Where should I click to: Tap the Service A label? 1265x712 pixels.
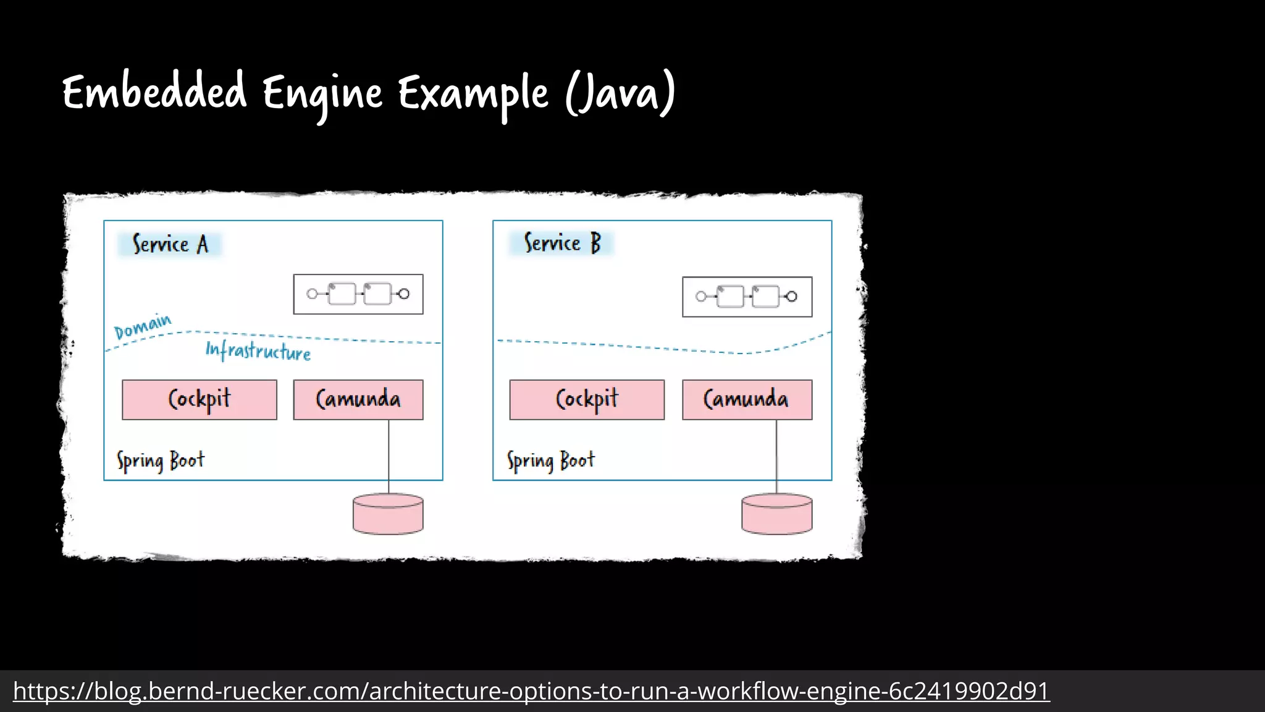(170, 244)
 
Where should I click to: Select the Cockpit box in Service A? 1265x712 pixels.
(200, 400)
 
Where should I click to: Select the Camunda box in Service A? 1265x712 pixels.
(358, 400)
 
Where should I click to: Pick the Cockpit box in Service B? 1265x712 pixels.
(587, 400)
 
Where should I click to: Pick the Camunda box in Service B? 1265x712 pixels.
(747, 400)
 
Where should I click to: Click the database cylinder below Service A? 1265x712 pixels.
(388, 514)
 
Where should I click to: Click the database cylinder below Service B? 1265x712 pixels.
(776, 514)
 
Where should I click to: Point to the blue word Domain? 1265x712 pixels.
(143, 327)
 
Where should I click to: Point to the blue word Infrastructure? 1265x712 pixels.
(258, 351)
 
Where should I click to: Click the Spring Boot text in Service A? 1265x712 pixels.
(161, 461)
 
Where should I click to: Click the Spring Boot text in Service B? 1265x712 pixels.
(551, 461)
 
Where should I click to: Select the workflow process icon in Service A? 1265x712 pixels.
(358, 294)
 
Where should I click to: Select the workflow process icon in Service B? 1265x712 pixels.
(747, 297)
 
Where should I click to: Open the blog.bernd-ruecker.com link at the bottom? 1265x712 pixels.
(531, 691)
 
